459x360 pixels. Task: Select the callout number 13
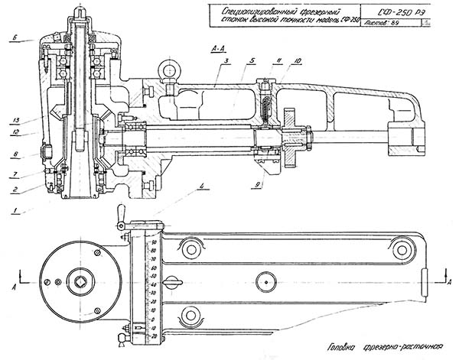pyautogui.click(x=15, y=120)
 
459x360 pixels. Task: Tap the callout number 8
pyautogui.click(x=15, y=155)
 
